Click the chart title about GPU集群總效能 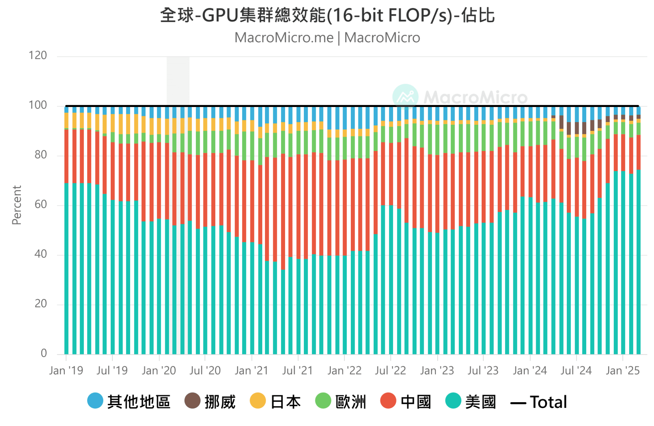pyautogui.click(x=327, y=15)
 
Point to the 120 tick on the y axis pyautogui.click(x=38, y=56)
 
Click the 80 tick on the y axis pyautogui.click(x=41, y=155)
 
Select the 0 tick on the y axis pyautogui.click(x=44, y=353)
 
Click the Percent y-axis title pyautogui.click(x=17, y=205)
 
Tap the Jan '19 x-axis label pyautogui.click(x=66, y=370)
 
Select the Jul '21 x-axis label pyautogui.click(x=297, y=370)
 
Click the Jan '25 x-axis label pyautogui.click(x=623, y=370)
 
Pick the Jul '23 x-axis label pyautogui.click(x=483, y=370)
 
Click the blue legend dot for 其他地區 pyautogui.click(x=95, y=401)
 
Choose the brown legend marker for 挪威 pyautogui.click(x=192, y=401)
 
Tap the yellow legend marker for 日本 pyautogui.click(x=258, y=401)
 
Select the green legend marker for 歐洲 pyautogui.click(x=323, y=401)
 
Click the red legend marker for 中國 pyautogui.click(x=388, y=401)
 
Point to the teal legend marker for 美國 pyautogui.click(x=453, y=401)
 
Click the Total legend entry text pyautogui.click(x=548, y=402)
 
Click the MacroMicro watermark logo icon pyautogui.click(x=405, y=97)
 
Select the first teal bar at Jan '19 pyautogui.click(x=66, y=269)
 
